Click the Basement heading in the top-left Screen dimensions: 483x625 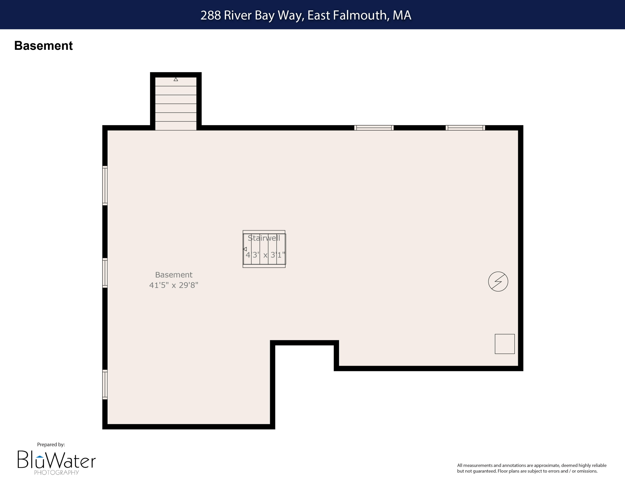(x=44, y=46)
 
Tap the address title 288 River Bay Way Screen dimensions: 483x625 (x=306, y=15)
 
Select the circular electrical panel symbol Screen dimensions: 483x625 (x=498, y=282)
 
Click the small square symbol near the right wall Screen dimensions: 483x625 (x=505, y=344)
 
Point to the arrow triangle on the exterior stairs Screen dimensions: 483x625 (x=176, y=79)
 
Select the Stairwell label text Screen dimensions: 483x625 (x=264, y=238)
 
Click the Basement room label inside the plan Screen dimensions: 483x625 (x=174, y=275)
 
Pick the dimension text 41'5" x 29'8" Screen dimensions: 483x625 (x=174, y=285)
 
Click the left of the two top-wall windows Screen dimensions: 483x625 (x=374, y=128)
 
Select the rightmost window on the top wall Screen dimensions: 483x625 (x=465, y=128)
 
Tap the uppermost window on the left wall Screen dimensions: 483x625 (x=105, y=185)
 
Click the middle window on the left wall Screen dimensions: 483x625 (x=105, y=273)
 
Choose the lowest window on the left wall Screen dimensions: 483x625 (x=105, y=384)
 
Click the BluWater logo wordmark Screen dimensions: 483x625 (x=56, y=459)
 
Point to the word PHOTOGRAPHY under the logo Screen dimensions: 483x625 (x=56, y=472)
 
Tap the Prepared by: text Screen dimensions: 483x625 (x=51, y=444)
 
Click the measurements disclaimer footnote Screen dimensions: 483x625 (x=531, y=468)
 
